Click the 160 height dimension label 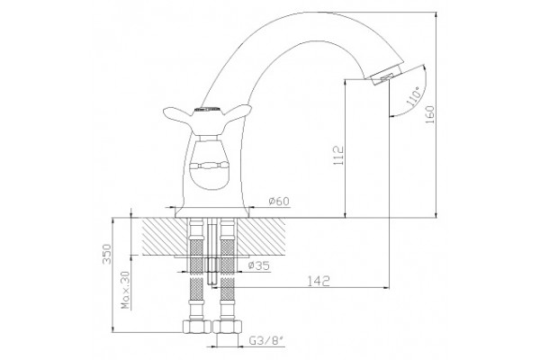click(x=430, y=114)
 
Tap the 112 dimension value click(x=339, y=156)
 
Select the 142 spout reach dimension click(x=319, y=281)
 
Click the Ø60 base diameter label click(x=279, y=201)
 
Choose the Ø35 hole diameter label click(x=258, y=265)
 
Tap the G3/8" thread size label click(x=265, y=341)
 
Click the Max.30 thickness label click(x=126, y=290)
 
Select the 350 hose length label click(x=107, y=254)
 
